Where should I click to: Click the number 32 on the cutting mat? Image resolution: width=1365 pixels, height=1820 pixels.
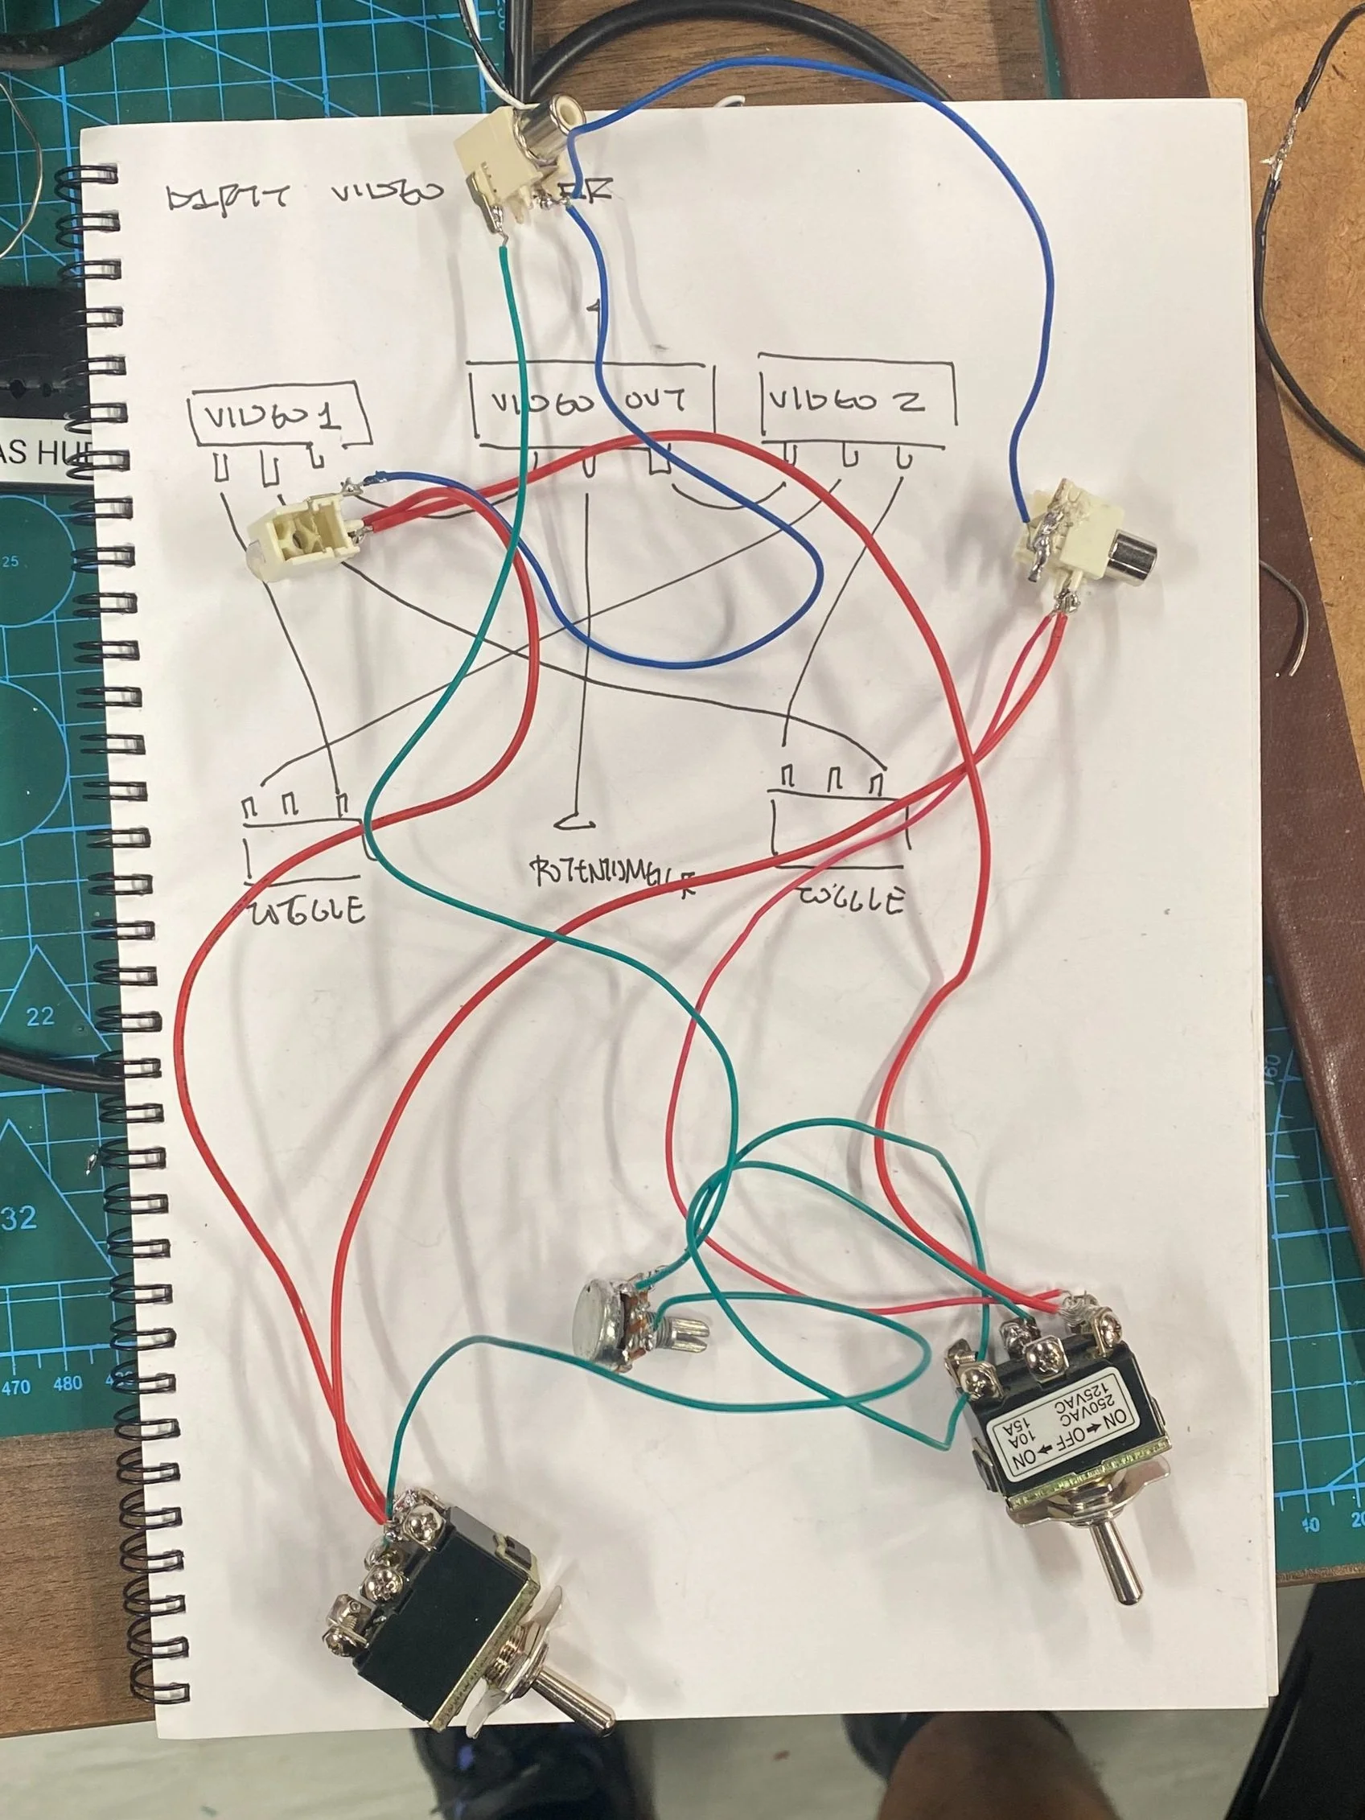click(x=19, y=1217)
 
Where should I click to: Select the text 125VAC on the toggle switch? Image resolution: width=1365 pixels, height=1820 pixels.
click(x=1089, y=1391)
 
